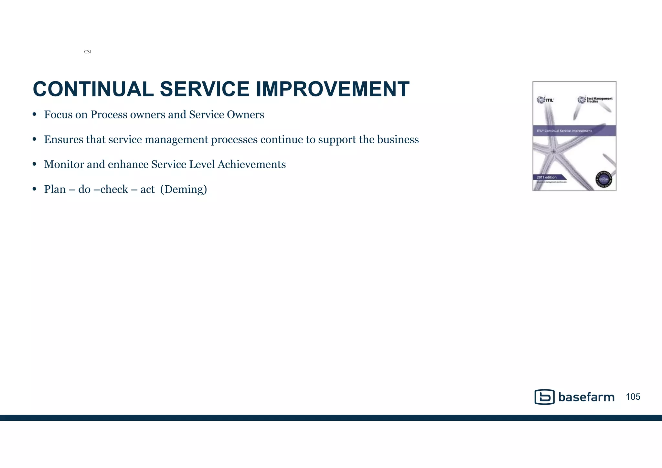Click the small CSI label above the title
(x=87, y=52)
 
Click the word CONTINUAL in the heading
(x=93, y=89)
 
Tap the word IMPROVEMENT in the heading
(x=333, y=89)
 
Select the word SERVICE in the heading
(x=205, y=89)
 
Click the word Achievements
(x=251, y=164)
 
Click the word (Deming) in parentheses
(x=184, y=190)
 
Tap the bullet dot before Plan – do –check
(x=35, y=189)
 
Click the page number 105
(x=633, y=397)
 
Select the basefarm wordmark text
(x=586, y=397)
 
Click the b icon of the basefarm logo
(x=544, y=397)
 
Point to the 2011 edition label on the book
(x=547, y=177)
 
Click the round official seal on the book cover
(x=603, y=179)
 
